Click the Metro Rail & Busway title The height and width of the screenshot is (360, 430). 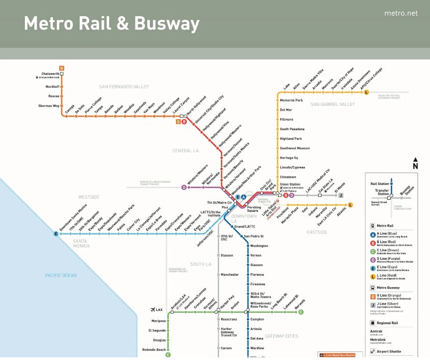(x=112, y=23)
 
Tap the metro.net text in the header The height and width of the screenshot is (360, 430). (x=400, y=13)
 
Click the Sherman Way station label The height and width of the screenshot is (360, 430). (x=49, y=106)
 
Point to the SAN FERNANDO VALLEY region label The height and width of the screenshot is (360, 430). (x=124, y=87)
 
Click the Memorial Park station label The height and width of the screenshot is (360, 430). (x=291, y=101)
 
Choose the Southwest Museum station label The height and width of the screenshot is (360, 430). (x=295, y=148)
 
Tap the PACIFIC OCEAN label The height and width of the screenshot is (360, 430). (x=61, y=276)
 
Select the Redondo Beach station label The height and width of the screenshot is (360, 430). (x=154, y=350)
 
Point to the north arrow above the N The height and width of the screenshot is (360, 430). (x=415, y=160)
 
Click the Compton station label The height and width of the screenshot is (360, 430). (x=257, y=319)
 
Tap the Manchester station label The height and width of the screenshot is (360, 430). (x=229, y=275)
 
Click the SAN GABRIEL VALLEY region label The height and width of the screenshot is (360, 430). (x=333, y=104)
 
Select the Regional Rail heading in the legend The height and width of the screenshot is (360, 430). (x=387, y=323)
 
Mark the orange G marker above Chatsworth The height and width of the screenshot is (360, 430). (x=61, y=68)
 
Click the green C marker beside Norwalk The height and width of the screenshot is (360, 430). (x=301, y=312)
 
